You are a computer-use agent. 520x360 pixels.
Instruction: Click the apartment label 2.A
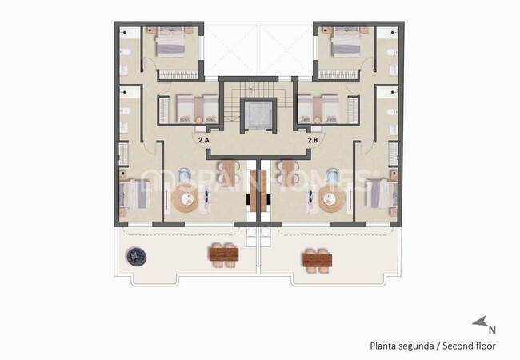(203, 141)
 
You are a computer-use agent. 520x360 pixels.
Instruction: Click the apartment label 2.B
(314, 141)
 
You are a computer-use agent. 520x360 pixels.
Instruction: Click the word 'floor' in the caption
(485, 346)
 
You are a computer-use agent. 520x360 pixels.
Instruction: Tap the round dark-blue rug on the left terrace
(135, 256)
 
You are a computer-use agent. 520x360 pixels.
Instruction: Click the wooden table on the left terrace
(223, 255)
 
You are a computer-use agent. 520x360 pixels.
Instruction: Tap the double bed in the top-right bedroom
(345, 44)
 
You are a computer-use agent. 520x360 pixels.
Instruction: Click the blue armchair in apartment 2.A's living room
(185, 174)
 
